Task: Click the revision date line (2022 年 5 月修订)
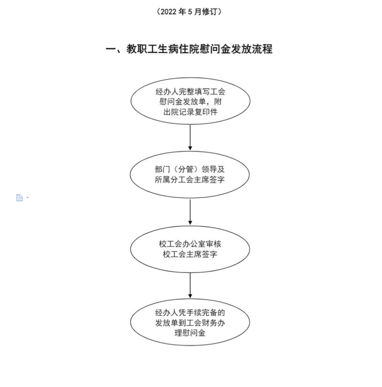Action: [189, 11]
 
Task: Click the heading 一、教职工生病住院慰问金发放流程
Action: [189, 49]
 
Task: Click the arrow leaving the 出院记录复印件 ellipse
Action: [190, 137]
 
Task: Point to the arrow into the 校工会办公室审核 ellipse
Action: [190, 212]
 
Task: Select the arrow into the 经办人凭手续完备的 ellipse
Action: [190, 286]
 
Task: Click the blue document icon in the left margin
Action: [19, 197]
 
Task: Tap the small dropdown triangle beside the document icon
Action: [27, 197]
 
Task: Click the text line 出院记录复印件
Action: [191, 112]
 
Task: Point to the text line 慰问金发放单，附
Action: [191, 101]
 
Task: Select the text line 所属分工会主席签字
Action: [190, 180]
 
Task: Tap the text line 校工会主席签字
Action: [190, 254]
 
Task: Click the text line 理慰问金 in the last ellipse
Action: [190, 333]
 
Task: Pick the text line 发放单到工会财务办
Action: [190, 323]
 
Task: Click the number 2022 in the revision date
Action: [169, 12]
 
